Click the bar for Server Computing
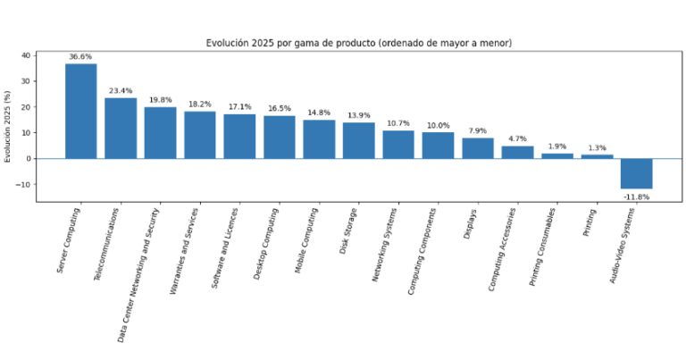pos(80,111)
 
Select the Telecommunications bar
pos(121,128)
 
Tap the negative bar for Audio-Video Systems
pos(637,173)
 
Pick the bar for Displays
pos(478,148)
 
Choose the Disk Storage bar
pos(359,140)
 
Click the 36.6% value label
pos(80,57)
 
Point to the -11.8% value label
pos(637,197)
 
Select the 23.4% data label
pos(121,91)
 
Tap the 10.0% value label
pos(438,126)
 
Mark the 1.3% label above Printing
pos(597,148)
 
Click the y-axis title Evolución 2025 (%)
pos(9,126)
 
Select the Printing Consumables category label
pos(544,250)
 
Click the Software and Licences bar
pos(239,136)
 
